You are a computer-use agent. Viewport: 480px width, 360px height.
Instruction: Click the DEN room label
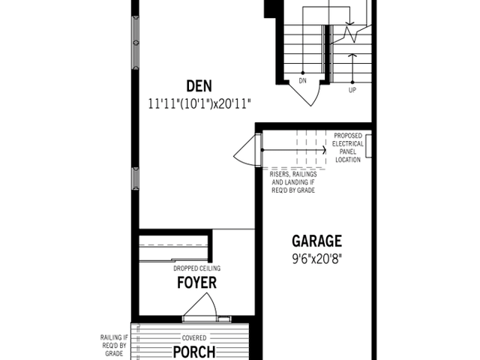(x=199, y=86)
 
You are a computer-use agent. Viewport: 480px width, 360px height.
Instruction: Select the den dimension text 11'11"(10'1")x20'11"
(x=199, y=104)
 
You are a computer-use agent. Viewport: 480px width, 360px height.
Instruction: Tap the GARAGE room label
(x=316, y=241)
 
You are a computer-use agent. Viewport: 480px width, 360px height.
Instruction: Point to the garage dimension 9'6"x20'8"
(x=316, y=259)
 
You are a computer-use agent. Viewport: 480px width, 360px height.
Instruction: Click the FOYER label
(x=196, y=283)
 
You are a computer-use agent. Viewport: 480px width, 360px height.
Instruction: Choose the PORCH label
(x=194, y=352)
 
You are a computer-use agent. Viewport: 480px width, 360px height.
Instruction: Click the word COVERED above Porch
(x=194, y=338)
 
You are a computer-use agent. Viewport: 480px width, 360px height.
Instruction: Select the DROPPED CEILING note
(x=196, y=268)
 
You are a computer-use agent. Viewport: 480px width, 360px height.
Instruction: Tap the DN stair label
(x=302, y=81)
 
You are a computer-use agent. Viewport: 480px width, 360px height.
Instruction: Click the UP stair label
(x=352, y=90)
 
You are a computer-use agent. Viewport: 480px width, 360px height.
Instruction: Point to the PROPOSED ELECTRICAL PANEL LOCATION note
(x=348, y=148)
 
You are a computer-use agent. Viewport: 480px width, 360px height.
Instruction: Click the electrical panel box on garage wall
(x=368, y=146)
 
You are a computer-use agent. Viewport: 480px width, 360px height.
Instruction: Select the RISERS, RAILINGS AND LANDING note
(x=293, y=182)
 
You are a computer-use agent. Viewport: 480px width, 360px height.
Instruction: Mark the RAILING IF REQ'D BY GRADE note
(x=114, y=346)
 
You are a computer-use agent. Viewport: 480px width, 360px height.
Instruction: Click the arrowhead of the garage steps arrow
(x=325, y=150)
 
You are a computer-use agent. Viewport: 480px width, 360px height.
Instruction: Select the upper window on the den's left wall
(x=135, y=43)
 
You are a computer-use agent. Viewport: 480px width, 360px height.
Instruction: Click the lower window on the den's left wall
(x=135, y=178)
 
